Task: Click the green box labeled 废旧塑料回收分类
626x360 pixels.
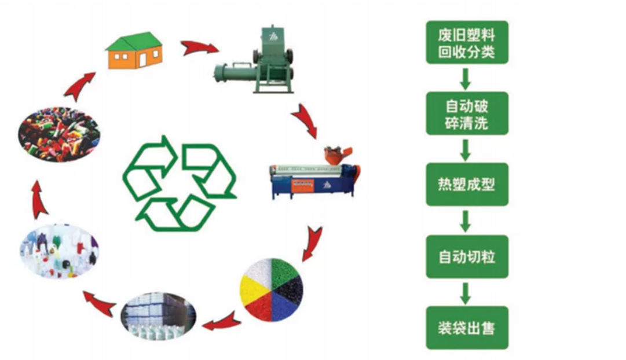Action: pos(467,42)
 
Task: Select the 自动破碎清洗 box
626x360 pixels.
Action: pos(467,113)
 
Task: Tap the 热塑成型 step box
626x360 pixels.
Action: pos(467,185)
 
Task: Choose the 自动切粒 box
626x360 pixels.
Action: pos(467,256)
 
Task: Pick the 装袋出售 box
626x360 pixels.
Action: pos(467,328)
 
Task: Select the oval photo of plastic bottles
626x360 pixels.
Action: pos(58,251)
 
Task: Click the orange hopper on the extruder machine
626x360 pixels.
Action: pos(335,155)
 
